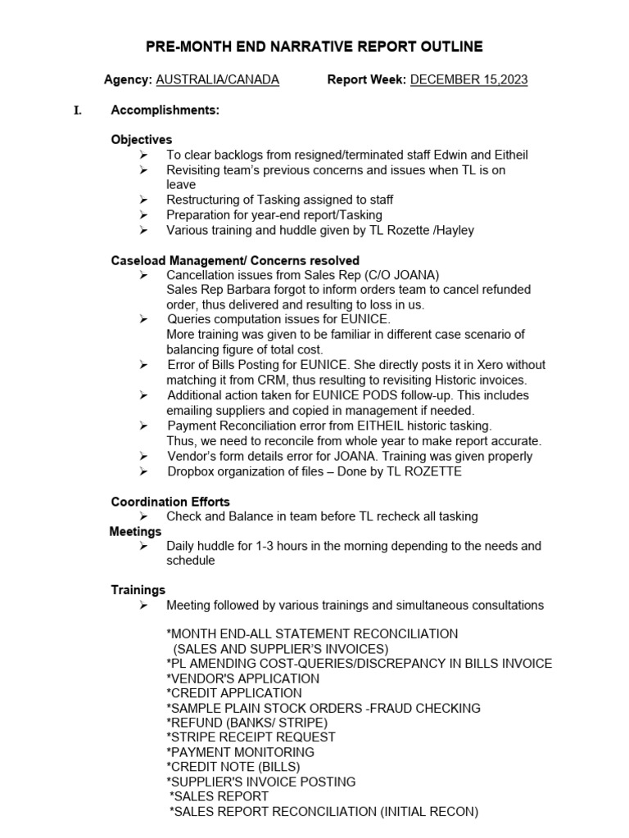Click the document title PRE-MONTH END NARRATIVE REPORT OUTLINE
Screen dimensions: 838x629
314,47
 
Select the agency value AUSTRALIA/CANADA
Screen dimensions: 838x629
217,79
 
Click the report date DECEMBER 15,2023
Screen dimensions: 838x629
468,79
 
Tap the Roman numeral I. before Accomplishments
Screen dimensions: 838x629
78,110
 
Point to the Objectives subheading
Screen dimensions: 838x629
142,140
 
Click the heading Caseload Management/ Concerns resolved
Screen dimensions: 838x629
234,260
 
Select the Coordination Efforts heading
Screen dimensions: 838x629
170,502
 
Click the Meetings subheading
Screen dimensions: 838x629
135,532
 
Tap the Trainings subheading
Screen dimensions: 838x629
138,590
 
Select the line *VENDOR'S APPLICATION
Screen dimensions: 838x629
242,678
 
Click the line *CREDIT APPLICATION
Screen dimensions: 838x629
233,693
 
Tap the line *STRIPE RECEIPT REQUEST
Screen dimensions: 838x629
250,737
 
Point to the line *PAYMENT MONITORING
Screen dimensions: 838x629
240,752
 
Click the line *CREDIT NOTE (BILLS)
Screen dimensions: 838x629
233,767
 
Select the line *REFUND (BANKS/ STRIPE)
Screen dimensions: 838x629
246,723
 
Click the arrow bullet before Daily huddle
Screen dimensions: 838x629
143,546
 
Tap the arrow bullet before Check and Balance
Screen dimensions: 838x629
143,516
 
